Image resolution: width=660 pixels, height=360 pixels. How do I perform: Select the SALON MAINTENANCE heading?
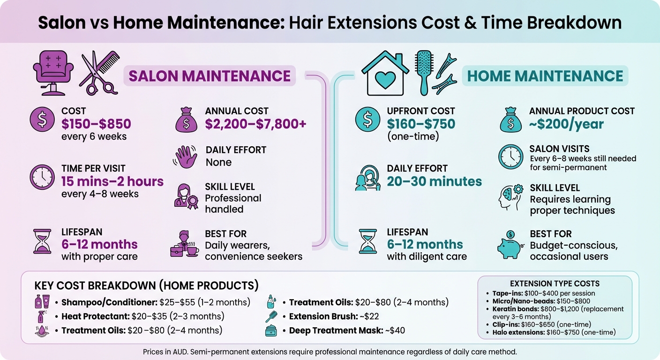click(210, 76)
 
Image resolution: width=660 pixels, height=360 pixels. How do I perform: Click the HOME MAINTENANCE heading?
click(545, 76)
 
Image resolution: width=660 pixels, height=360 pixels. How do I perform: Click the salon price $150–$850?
click(96, 124)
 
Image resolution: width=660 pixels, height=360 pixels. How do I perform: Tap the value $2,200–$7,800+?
click(255, 124)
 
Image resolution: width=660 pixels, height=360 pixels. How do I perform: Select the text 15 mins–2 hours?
click(112, 181)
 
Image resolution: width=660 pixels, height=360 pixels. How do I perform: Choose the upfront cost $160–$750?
click(421, 124)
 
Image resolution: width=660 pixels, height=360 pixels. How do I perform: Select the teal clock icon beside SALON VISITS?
click(510, 156)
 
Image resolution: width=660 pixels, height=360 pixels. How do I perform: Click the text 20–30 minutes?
click(434, 181)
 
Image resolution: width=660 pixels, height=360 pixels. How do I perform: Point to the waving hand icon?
click(186, 157)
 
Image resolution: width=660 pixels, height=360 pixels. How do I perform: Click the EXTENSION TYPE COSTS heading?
click(555, 283)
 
